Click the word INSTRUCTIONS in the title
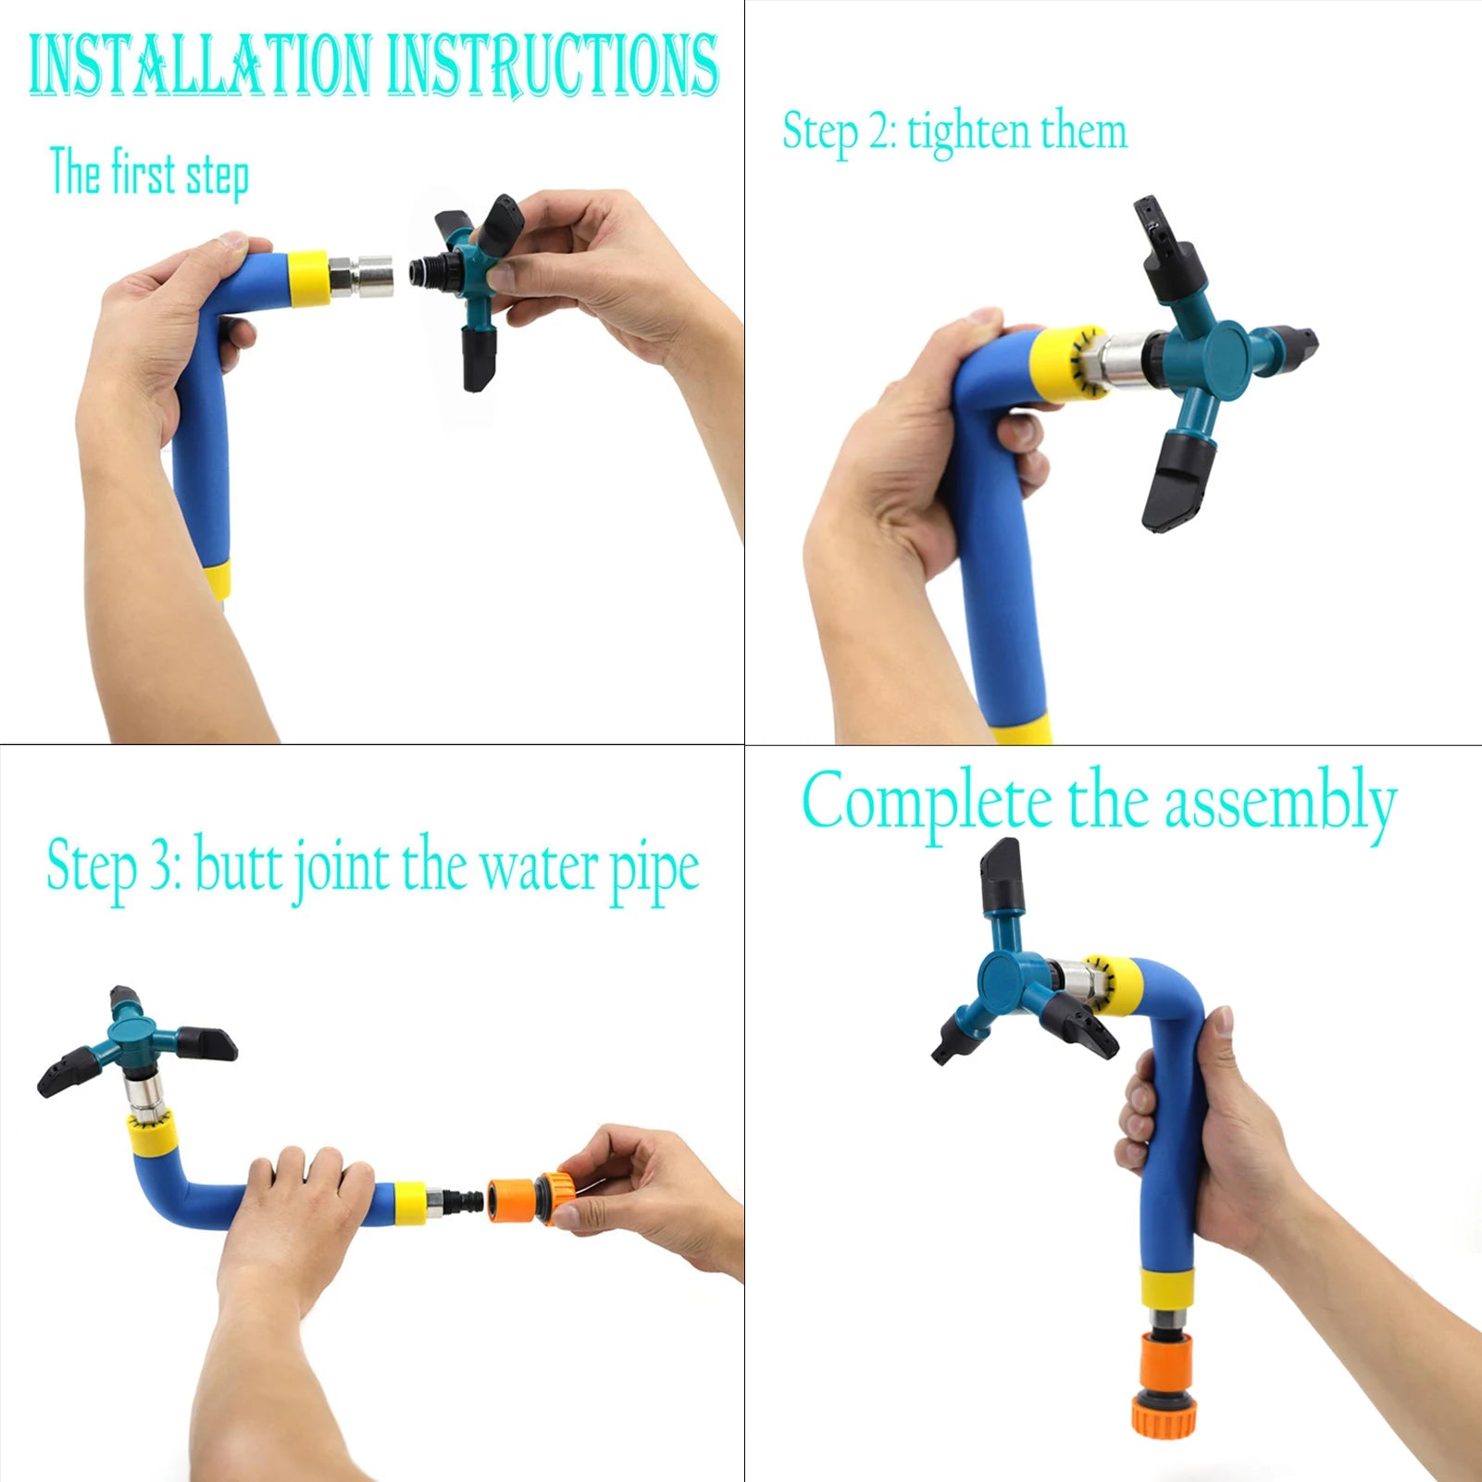pyautogui.click(x=553, y=65)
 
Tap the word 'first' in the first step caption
pyautogui.click(x=143, y=172)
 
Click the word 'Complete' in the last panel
pyautogui.click(x=927, y=802)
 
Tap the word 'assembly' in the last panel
pyautogui.click(x=1279, y=803)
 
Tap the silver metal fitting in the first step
pyautogui.click(x=361, y=276)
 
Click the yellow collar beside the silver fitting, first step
pyautogui.click(x=308, y=278)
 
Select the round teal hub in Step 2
pyautogui.click(x=1227, y=358)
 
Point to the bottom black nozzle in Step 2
pyautogui.click(x=1179, y=481)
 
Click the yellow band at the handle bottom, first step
pyautogui.click(x=216, y=580)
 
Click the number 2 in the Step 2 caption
pyautogui.click(x=878, y=132)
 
